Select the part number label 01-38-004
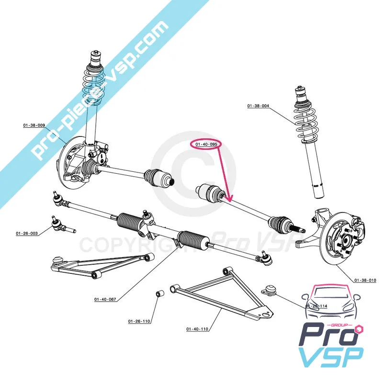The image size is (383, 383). pos(259,105)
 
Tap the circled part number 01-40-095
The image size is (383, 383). pos(206,143)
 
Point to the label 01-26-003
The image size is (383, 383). pos(27,234)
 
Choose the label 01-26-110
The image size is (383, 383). pos(139,321)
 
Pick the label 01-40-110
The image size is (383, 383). pos(197,329)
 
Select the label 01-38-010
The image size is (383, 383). pos(366,280)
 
